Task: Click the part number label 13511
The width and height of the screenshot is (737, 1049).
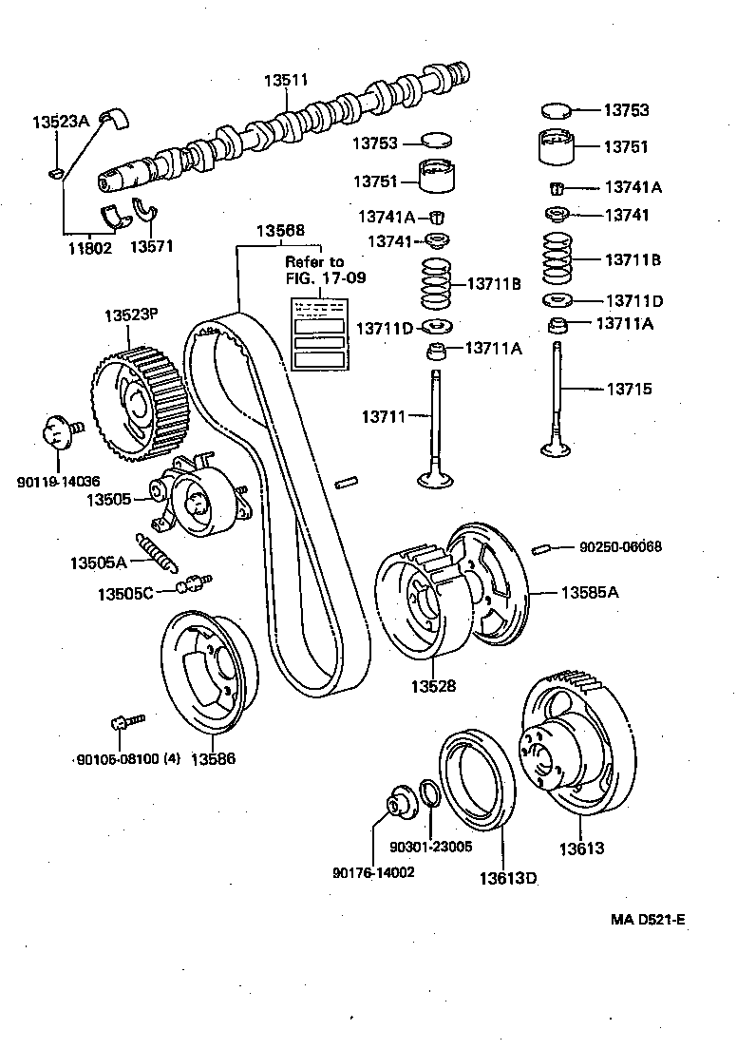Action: tap(285, 82)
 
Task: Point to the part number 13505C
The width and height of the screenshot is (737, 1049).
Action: tap(123, 594)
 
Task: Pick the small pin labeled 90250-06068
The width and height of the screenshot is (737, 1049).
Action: tap(544, 547)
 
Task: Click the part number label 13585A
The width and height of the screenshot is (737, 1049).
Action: tap(589, 592)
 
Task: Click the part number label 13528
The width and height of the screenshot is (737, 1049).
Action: tap(432, 685)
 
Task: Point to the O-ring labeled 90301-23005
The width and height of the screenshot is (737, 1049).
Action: tap(429, 792)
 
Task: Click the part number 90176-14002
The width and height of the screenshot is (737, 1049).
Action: tap(373, 872)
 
